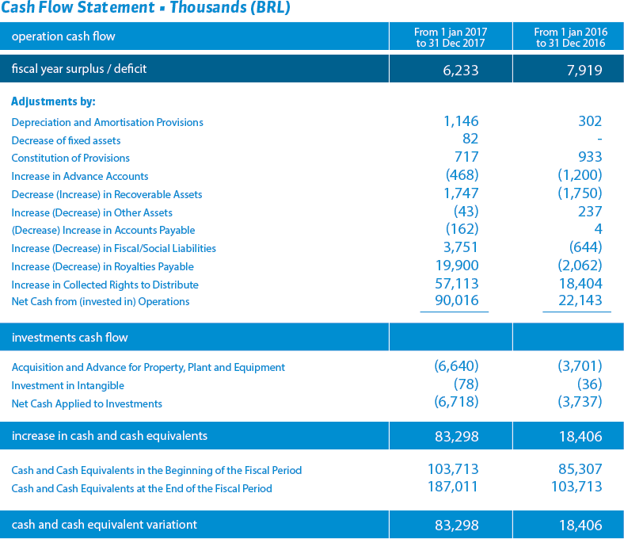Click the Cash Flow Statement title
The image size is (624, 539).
pyautogui.click(x=146, y=8)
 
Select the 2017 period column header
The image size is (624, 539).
pyautogui.click(x=451, y=37)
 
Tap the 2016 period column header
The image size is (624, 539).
pyautogui.click(x=571, y=37)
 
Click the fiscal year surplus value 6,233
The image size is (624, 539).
pyautogui.click(x=460, y=70)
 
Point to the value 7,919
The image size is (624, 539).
pyautogui.click(x=584, y=70)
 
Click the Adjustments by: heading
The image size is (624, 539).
pyautogui.click(x=53, y=101)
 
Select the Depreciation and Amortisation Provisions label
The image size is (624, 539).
pyautogui.click(x=107, y=122)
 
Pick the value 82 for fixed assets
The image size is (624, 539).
pyautogui.click(x=470, y=139)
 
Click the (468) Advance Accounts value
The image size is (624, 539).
pyautogui.click(x=462, y=175)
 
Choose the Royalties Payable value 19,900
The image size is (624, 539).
pyautogui.click(x=457, y=266)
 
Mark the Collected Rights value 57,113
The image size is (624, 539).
pyautogui.click(x=457, y=284)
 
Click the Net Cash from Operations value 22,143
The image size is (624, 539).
pyautogui.click(x=580, y=300)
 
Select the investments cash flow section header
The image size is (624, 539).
pyautogui.click(x=70, y=338)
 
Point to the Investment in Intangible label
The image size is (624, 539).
pyautogui.click(x=67, y=386)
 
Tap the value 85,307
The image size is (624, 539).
pyautogui.click(x=580, y=469)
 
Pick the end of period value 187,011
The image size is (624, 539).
pyautogui.click(x=453, y=487)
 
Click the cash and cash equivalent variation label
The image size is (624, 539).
pyautogui.click(x=105, y=525)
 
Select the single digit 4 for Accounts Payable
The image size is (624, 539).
pyautogui.click(x=598, y=229)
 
